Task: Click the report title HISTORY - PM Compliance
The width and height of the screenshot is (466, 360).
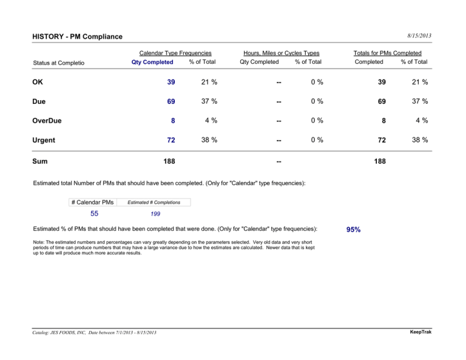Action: pyautogui.click(x=77, y=36)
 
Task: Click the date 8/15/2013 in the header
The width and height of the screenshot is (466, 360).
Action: pyautogui.click(x=419, y=36)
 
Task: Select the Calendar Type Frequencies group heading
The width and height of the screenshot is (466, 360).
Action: pyautogui.click(x=175, y=53)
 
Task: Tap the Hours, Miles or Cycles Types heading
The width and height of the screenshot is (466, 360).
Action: pyautogui.click(x=282, y=53)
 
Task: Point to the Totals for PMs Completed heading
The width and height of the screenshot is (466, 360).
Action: pyautogui.click(x=388, y=53)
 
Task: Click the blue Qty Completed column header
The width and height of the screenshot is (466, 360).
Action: pyautogui.click(x=152, y=62)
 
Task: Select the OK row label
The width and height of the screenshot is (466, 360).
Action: pyautogui.click(x=38, y=82)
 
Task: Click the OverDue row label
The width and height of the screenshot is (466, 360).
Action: pyautogui.click(x=47, y=121)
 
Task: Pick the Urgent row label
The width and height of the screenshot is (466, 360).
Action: pyautogui.click(x=44, y=140)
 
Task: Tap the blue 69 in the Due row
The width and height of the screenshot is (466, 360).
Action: pyautogui.click(x=171, y=101)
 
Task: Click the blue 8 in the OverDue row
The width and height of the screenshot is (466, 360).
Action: pyautogui.click(x=173, y=121)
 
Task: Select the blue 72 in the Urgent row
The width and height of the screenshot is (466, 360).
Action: pyautogui.click(x=171, y=140)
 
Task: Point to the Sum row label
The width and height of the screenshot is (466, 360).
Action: pyautogui.click(x=40, y=161)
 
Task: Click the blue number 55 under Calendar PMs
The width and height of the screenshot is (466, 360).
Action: pyautogui.click(x=94, y=214)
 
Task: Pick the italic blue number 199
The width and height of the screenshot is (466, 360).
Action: pyautogui.click(x=155, y=214)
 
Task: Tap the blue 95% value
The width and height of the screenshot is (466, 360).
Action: pyautogui.click(x=353, y=229)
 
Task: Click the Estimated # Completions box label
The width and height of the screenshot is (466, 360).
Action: pyautogui.click(x=154, y=202)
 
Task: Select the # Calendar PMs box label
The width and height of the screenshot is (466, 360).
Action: pyautogui.click(x=92, y=202)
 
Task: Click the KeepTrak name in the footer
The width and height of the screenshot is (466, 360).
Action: pyautogui.click(x=420, y=331)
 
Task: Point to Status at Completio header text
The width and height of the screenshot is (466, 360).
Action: pyautogui.click(x=58, y=63)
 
